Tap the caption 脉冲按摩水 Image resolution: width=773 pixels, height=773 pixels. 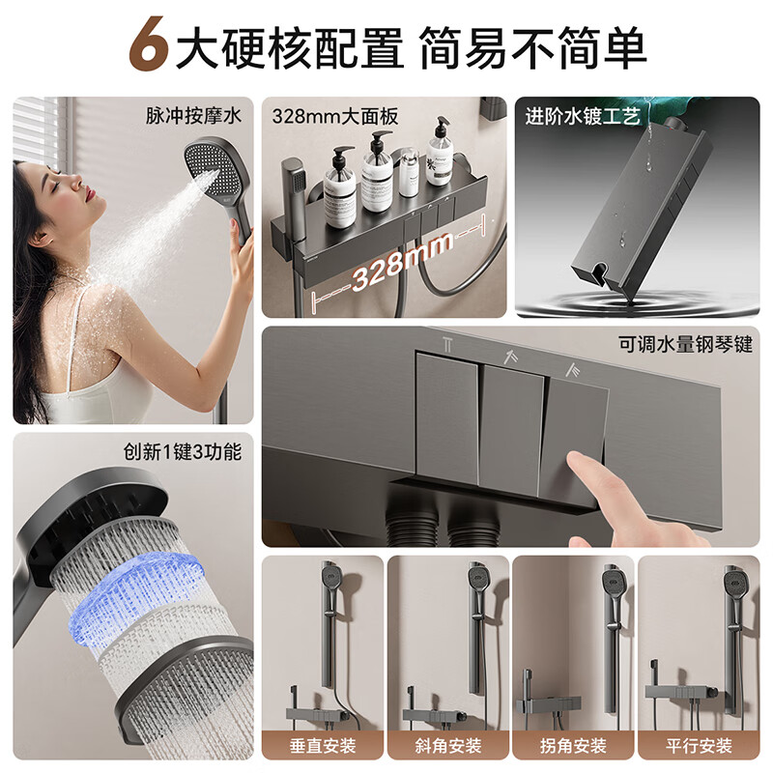[x=193, y=116]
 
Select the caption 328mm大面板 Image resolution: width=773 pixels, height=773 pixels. [x=334, y=116]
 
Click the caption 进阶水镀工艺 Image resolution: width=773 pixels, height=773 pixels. [x=583, y=116]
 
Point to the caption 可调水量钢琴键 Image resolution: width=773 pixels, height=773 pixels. [x=686, y=344]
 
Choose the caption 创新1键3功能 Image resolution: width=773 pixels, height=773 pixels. [x=183, y=451]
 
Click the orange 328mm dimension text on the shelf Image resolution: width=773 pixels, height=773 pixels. [x=402, y=261]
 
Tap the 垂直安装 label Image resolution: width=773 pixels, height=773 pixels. [x=323, y=745]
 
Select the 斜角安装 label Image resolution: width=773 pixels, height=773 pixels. [x=448, y=745]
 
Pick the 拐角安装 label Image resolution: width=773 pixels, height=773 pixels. [x=573, y=745]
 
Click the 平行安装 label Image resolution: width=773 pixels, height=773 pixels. [x=699, y=745]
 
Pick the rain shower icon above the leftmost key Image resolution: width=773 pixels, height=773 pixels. [x=447, y=344]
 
